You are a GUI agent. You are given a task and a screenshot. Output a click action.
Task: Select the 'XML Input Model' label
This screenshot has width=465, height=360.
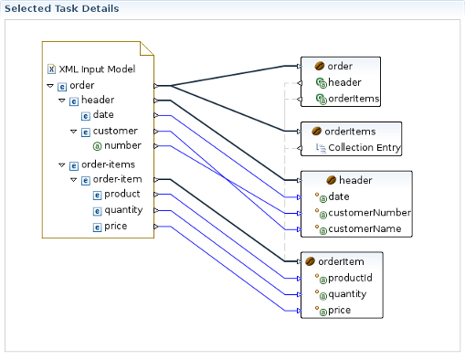97,69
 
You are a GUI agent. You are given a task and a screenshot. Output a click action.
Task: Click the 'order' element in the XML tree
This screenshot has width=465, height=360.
81,86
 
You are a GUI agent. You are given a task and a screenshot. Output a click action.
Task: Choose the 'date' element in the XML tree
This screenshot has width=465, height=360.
103,115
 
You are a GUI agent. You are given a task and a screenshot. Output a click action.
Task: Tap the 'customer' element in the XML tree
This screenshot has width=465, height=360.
115,132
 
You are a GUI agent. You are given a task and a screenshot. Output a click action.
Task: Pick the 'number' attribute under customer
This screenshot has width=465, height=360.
122,146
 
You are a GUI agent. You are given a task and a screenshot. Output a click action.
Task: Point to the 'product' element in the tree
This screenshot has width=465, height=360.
122,194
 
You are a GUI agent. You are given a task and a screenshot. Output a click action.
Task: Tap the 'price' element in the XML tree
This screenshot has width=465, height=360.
115,226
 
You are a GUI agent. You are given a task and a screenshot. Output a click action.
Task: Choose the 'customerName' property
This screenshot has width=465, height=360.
364,228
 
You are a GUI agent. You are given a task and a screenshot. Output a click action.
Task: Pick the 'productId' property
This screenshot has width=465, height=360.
350,278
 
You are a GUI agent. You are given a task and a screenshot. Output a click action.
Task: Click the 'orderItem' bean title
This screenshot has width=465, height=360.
342,261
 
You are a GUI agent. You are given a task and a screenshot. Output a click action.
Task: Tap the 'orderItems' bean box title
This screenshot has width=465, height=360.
351,131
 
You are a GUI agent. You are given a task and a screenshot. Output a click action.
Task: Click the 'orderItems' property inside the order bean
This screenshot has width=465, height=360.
354,99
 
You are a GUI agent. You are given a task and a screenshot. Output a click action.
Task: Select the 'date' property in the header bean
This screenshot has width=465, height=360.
338,196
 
